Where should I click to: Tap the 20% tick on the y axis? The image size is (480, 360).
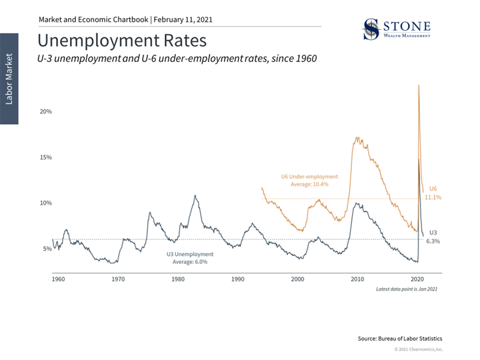point(45,111)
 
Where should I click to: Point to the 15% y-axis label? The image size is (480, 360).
point(45,157)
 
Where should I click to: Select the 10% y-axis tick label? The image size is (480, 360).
point(45,203)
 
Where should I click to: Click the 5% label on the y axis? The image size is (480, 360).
point(47,249)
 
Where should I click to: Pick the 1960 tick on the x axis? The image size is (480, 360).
point(58,279)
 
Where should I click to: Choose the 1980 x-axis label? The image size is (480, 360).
point(178,279)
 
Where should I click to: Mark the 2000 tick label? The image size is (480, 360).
point(297,279)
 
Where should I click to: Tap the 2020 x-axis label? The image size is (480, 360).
point(417,279)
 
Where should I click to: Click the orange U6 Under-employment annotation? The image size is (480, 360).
point(309,180)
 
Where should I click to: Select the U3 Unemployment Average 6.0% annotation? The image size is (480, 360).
point(190,258)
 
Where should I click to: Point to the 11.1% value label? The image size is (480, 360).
point(433,198)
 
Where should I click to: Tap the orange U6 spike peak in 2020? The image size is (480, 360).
point(419,85)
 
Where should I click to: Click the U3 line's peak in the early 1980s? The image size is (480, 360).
point(195,196)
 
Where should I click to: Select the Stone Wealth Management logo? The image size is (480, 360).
point(396,29)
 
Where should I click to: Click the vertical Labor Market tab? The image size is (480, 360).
point(9,78)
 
